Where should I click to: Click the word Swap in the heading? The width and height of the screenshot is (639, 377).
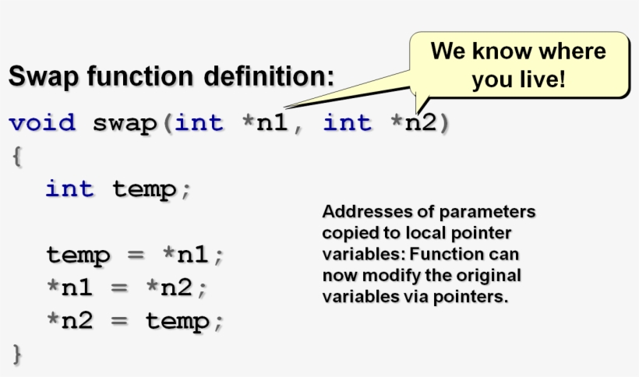[41, 77]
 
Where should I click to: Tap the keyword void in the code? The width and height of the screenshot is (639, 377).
[42, 123]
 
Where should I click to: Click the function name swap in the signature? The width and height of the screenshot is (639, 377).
[125, 123]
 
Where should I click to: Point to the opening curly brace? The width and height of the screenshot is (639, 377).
[16, 156]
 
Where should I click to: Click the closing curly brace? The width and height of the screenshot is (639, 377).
[16, 354]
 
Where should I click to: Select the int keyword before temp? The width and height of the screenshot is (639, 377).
[69, 189]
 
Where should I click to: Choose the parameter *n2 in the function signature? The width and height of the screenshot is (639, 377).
[414, 123]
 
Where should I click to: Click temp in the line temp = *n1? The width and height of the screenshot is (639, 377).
[79, 255]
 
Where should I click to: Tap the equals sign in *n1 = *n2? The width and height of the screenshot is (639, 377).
[118, 287]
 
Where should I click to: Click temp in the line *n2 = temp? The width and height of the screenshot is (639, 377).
[178, 320]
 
